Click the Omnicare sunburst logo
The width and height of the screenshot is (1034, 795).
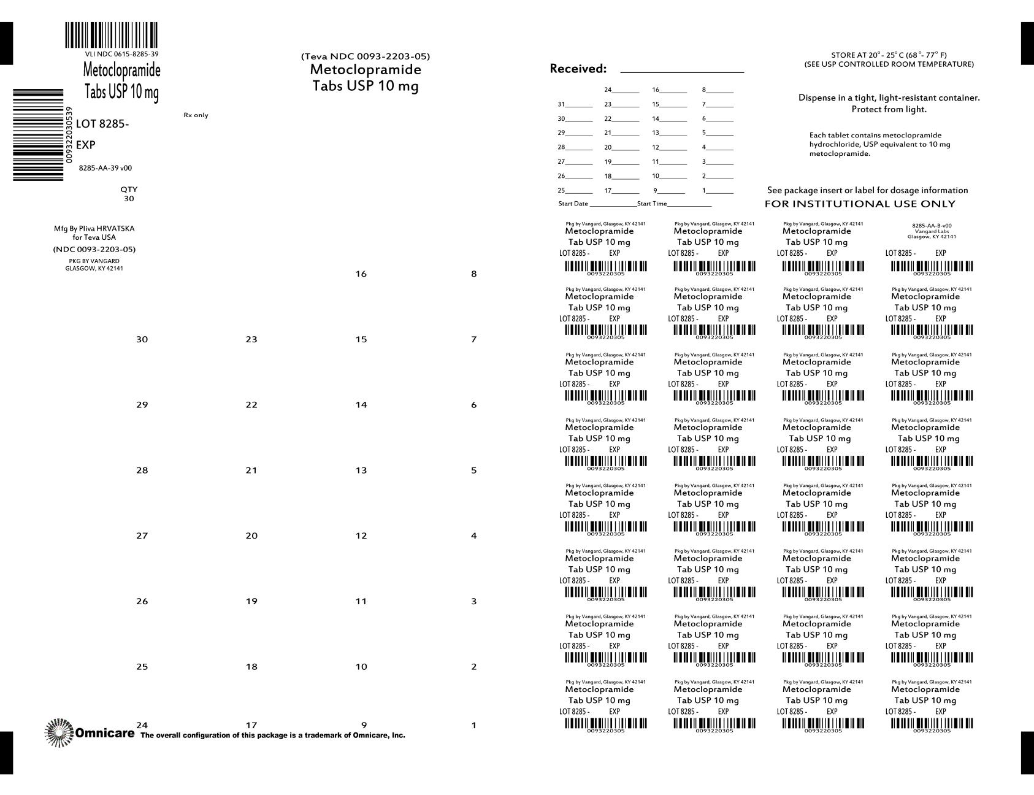59,732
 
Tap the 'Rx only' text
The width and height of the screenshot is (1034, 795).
196,115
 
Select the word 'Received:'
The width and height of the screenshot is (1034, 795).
578,69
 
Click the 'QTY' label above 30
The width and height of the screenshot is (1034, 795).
129,190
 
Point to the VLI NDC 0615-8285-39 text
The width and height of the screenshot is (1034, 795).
121,54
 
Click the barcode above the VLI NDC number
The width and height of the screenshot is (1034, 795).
111,35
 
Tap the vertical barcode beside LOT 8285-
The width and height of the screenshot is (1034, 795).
38,135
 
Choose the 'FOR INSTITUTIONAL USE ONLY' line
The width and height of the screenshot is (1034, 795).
860,204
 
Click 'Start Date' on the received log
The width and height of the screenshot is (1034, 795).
573,204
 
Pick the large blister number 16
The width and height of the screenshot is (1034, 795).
361,274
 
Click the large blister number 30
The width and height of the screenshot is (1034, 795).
142,339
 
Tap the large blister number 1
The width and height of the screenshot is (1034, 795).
473,726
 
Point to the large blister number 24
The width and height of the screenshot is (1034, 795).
142,725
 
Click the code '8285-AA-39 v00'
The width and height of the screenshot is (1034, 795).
105,168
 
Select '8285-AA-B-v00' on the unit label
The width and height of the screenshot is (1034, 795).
932,226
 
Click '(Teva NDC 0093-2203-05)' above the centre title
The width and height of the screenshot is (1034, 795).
366,56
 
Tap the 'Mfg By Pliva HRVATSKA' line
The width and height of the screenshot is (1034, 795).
94,228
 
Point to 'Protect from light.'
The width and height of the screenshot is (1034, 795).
889,109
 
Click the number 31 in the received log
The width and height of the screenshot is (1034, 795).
561,104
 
